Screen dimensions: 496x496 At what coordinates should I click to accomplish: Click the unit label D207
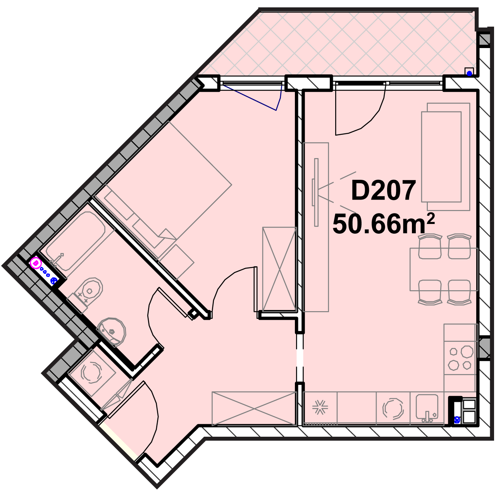(383, 191)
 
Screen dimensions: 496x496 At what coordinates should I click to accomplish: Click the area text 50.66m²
(384, 224)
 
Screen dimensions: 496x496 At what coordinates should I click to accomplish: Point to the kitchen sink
(427, 407)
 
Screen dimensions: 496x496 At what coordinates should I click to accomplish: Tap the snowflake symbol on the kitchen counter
(320, 408)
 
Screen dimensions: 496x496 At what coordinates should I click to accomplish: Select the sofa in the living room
(446, 157)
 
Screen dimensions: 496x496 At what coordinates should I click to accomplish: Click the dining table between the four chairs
(444, 269)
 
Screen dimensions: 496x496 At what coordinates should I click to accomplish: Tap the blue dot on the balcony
(470, 74)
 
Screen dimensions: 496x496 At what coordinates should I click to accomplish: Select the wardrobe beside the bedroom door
(279, 269)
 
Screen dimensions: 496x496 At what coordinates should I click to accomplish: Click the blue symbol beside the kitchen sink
(457, 420)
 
